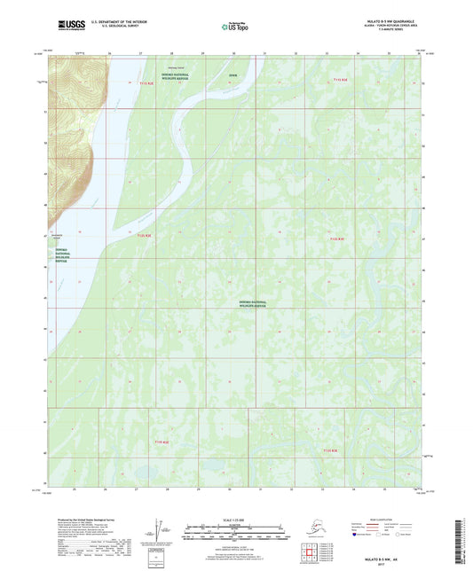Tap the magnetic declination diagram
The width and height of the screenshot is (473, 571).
[x=162, y=529]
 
